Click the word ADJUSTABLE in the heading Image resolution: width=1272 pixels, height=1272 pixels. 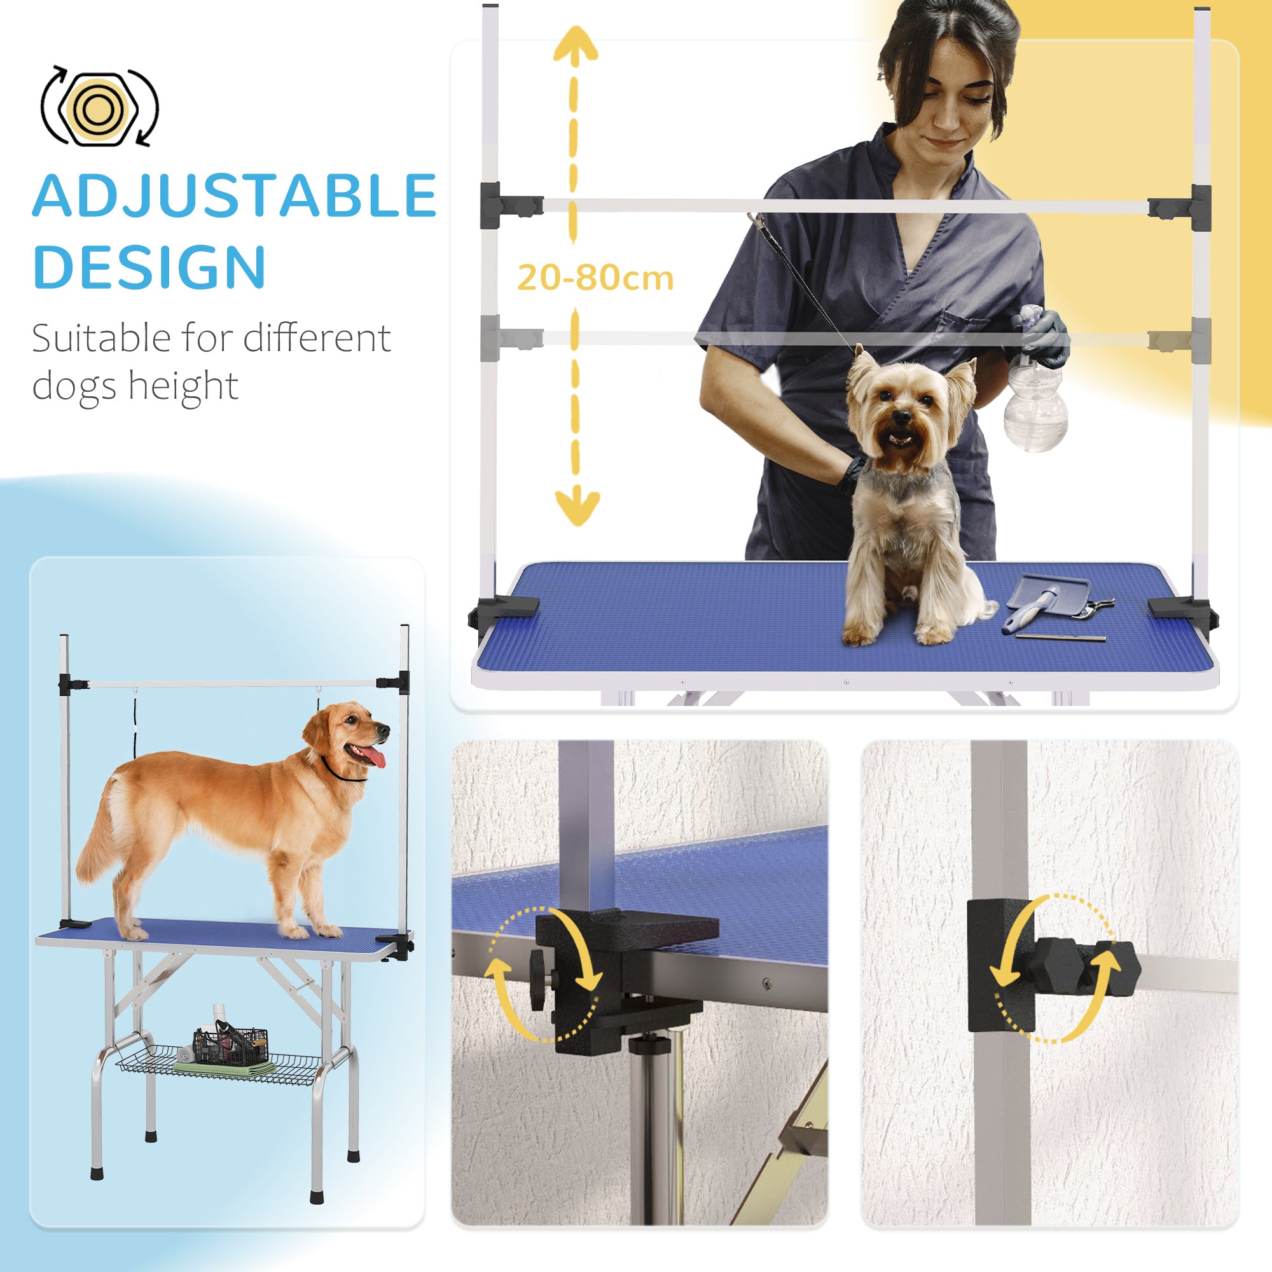(233, 195)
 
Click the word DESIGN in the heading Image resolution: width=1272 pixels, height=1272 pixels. (149, 266)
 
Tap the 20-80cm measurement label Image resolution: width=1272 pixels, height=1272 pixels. (595, 278)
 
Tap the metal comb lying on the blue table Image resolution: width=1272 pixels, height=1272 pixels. (1060, 637)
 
